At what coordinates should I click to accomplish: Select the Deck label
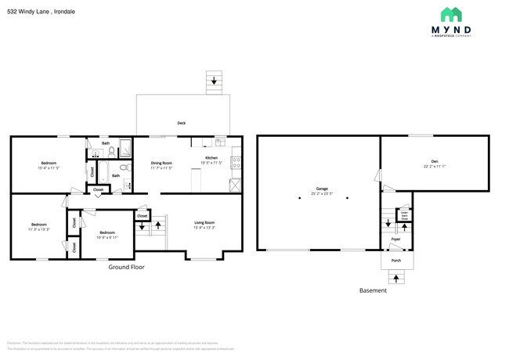(x=181, y=123)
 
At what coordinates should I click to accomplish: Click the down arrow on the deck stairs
(x=214, y=81)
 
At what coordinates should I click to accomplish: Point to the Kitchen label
(x=211, y=158)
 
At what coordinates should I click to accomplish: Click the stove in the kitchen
(x=236, y=164)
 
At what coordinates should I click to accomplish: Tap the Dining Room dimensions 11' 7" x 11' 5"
(x=161, y=167)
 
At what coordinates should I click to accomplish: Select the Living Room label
(x=204, y=223)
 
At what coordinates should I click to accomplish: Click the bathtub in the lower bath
(x=101, y=169)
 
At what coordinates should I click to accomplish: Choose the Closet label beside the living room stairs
(x=142, y=216)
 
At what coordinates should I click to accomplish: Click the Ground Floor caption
(x=125, y=267)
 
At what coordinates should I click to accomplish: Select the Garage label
(x=322, y=189)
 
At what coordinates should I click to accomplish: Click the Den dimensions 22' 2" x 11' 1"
(x=434, y=165)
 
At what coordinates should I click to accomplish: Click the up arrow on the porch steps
(x=395, y=277)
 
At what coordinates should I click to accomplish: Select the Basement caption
(x=372, y=290)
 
